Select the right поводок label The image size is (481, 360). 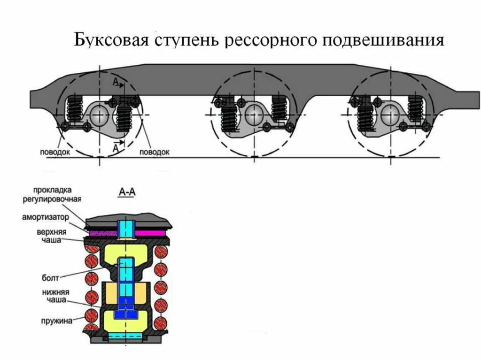click(154, 152)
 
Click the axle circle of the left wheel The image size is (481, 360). click(99, 114)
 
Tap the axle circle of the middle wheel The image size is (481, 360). click(254, 112)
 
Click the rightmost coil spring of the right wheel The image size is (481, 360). click(416, 109)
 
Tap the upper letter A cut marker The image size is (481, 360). click(116, 83)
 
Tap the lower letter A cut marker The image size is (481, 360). click(115, 146)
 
